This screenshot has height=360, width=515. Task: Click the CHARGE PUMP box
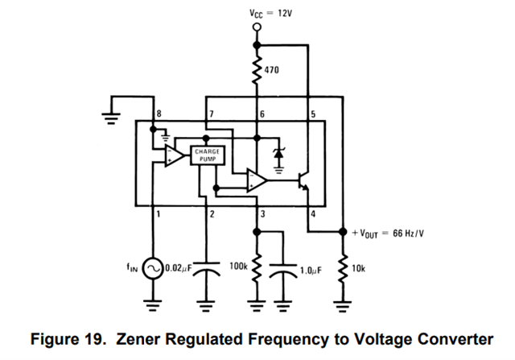[208, 155]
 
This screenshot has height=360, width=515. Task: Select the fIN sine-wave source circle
[153, 269]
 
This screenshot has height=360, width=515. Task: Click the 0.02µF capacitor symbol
[206, 269]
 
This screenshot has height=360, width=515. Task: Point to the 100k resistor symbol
[257, 267]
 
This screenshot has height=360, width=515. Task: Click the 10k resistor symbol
[342, 269]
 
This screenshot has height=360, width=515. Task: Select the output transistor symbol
[303, 181]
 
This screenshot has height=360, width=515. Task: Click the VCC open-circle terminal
[257, 27]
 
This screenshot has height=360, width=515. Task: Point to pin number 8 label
[159, 114]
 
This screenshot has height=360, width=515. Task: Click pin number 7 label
[212, 114]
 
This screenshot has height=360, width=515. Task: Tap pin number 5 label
[313, 114]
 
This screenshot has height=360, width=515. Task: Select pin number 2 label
[212, 214]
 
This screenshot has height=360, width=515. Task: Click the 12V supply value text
[285, 14]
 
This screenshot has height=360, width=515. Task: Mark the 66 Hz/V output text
[408, 234]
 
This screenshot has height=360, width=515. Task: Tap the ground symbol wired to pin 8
[111, 118]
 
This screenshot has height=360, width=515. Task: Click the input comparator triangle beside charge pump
[175, 155]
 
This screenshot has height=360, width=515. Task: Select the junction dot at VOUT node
[343, 232]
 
